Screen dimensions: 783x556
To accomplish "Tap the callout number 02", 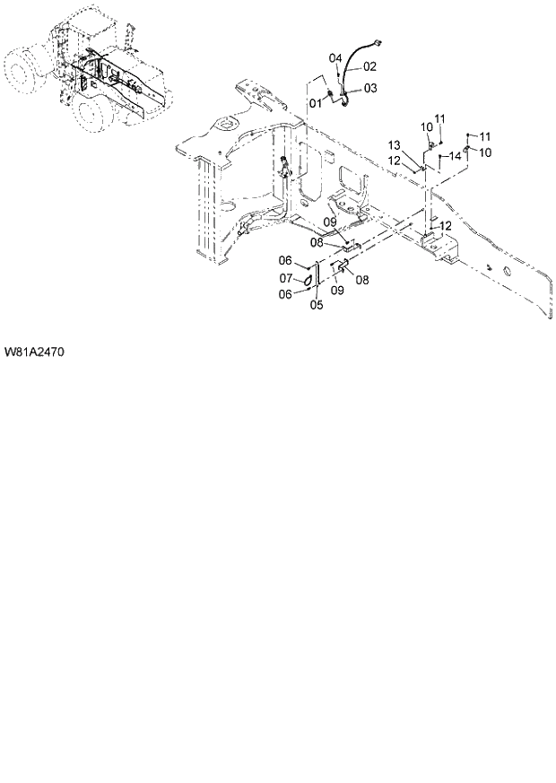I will (x=369, y=66).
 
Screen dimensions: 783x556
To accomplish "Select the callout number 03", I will (x=370, y=88).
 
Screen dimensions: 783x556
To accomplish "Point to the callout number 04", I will (x=335, y=58).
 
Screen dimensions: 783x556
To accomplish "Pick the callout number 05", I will (x=317, y=305).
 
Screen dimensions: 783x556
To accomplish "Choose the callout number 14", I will (x=455, y=156).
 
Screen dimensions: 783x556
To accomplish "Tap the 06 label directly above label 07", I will (x=285, y=261).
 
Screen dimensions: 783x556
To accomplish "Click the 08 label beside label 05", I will (x=361, y=280).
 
